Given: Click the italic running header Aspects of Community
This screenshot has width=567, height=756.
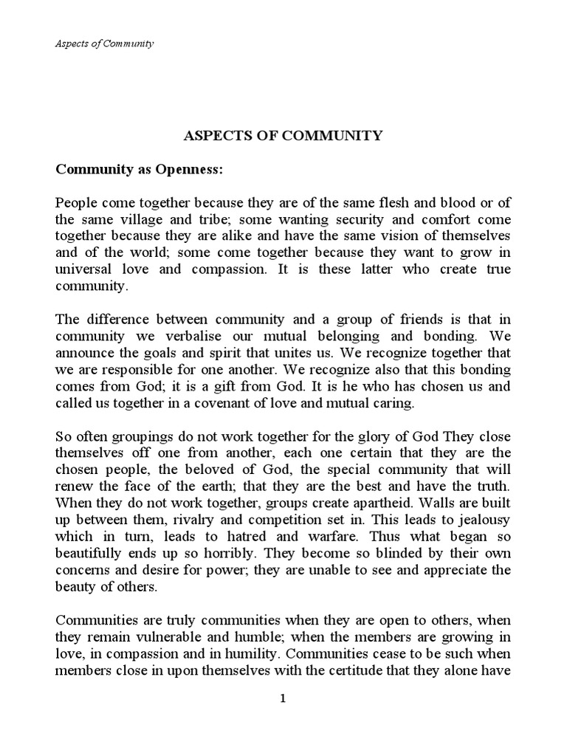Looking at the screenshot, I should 104,44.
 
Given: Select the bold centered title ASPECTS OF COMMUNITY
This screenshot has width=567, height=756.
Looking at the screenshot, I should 283,135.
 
